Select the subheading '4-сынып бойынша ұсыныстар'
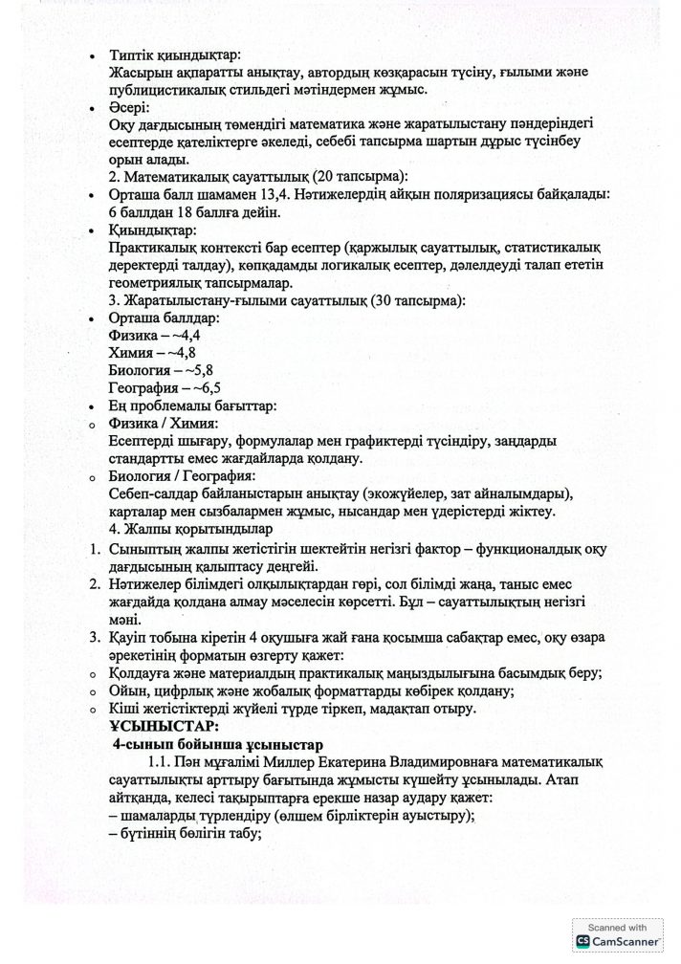pyautogui.click(x=220, y=744)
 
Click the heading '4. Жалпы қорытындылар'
pyautogui.click(x=191, y=528)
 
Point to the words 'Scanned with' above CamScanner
pyautogui.click(x=616, y=927)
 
